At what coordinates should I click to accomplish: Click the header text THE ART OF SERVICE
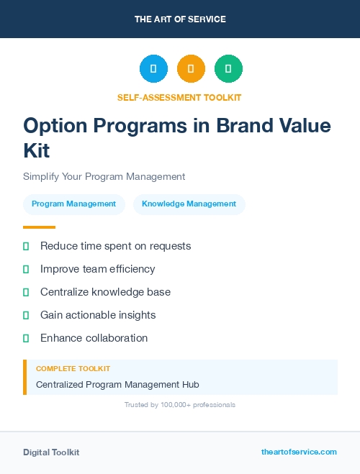point(180,19)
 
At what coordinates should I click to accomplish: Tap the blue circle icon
point(153,69)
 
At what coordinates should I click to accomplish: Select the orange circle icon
point(191,69)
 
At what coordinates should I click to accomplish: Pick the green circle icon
point(228,69)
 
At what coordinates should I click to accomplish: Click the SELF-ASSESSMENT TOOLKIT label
point(179,97)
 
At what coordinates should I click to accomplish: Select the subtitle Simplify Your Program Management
point(104,176)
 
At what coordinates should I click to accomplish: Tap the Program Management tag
point(73,204)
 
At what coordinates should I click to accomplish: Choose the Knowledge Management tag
point(189,204)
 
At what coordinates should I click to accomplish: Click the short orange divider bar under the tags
point(39,227)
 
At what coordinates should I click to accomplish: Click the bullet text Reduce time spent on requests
point(115,246)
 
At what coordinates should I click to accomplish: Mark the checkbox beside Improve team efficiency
point(26,269)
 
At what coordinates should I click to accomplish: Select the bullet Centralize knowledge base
point(105,292)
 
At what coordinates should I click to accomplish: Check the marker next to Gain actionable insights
point(26,315)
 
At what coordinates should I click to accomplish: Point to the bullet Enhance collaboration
point(94,338)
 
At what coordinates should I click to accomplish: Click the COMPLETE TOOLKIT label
point(73,368)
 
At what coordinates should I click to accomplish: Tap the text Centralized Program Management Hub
point(117,385)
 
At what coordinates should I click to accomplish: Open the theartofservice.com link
point(299,452)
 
